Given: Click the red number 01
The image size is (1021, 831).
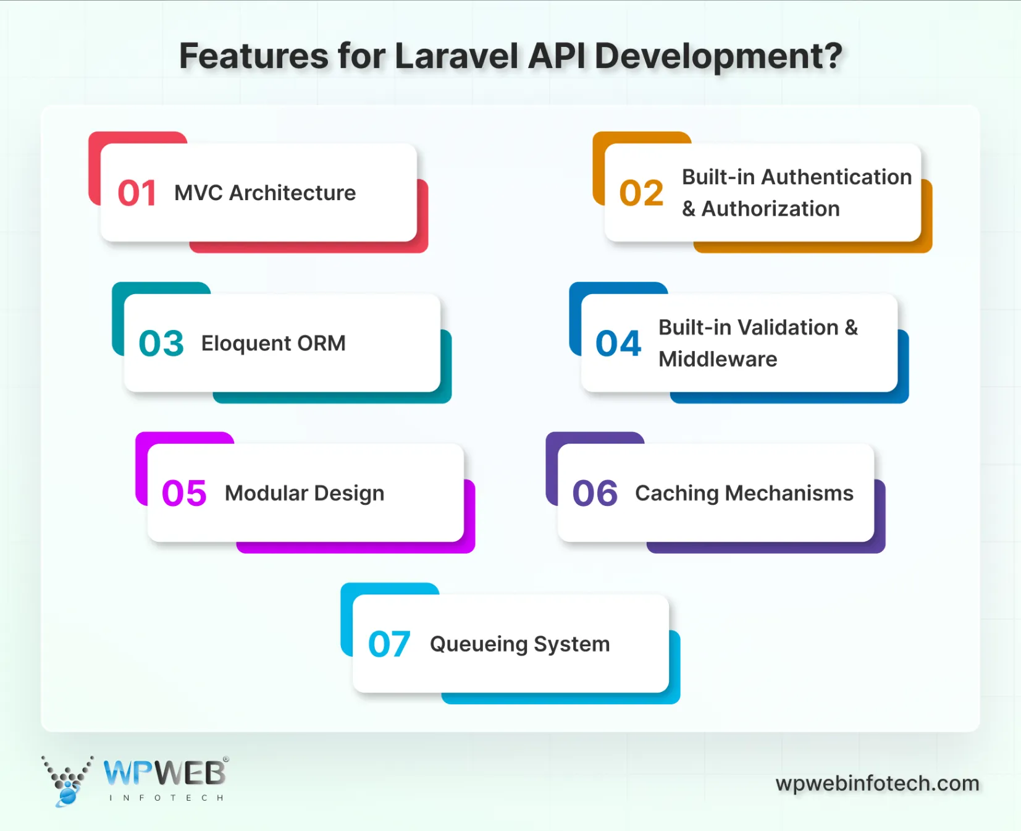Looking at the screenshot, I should [137, 193].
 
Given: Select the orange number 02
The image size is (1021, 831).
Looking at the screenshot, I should [641, 193].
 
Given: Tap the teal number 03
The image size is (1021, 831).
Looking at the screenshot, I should [161, 344].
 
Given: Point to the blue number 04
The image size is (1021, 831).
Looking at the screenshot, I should [618, 344].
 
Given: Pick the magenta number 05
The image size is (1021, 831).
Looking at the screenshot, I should [184, 494].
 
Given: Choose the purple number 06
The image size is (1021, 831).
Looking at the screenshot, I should [595, 494].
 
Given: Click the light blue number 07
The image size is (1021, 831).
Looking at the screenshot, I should [389, 644].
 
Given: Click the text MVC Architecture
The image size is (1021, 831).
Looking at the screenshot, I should [265, 193].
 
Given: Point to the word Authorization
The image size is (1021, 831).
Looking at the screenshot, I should [770, 209].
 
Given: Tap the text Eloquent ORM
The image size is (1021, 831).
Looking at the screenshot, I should [273, 344].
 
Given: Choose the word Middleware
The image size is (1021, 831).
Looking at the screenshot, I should [718, 359].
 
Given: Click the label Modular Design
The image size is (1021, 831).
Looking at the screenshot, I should [305, 494].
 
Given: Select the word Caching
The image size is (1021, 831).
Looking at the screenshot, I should [676, 494].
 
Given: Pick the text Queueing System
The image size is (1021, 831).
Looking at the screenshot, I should [519, 644].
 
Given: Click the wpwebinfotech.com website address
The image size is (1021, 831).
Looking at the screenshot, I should [877, 783].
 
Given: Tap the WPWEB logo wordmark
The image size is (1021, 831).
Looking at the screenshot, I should [165, 773].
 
